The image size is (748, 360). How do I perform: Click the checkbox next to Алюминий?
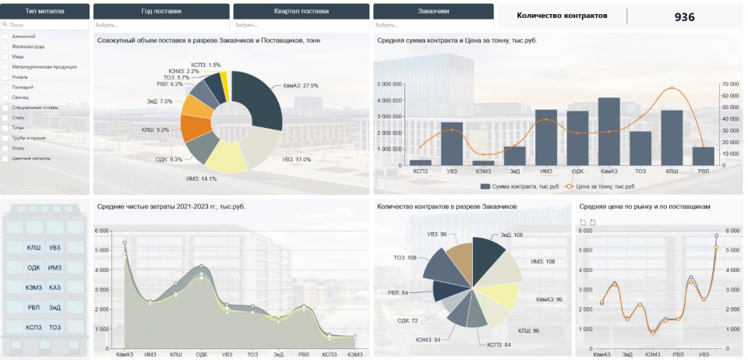tap(6, 37)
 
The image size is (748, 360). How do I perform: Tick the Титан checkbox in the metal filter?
tap(6, 128)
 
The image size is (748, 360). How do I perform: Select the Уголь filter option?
tap(6, 148)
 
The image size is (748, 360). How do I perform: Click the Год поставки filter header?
tap(161, 12)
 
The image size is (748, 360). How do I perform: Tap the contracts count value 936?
tap(685, 16)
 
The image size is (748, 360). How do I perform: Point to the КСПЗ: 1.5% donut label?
tap(206, 65)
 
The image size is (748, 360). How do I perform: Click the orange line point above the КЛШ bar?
tap(672, 89)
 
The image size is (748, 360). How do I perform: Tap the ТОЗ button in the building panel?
tap(55, 327)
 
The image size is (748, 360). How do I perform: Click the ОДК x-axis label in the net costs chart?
tap(201, 355)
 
